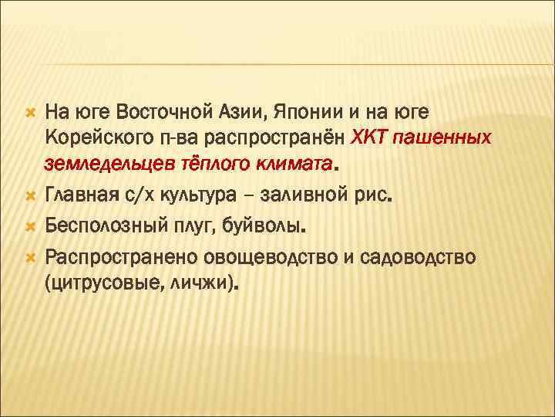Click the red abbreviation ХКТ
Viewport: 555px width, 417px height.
(x=375, y=137)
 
